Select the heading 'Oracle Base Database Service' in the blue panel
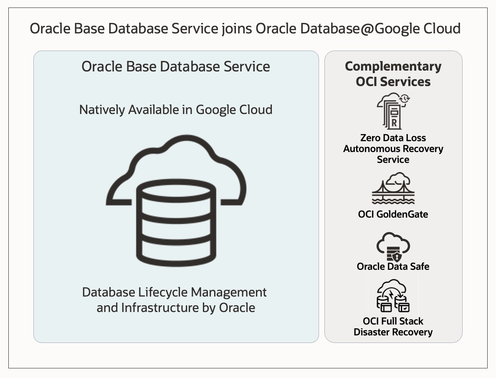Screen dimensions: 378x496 (x=176, y=66)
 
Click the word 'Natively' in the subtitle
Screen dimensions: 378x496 (x=102, y=110)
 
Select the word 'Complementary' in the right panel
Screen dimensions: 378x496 (x=393, y=66)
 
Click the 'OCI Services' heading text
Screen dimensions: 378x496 (x=393, y=81)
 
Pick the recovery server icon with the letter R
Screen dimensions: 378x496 (x=393, y=111)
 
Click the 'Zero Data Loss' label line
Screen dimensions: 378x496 (x=393, y=138)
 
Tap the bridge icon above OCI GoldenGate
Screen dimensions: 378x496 (x=393, y=190)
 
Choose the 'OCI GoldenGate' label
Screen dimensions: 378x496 (x=393, y=214)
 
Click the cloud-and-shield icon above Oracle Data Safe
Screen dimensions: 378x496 (x=393, y=247)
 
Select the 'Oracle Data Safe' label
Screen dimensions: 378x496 (x=393, y=266)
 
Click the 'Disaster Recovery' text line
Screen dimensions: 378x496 (x=393, y=332)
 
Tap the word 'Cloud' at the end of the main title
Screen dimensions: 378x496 (x=441, y=28)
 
